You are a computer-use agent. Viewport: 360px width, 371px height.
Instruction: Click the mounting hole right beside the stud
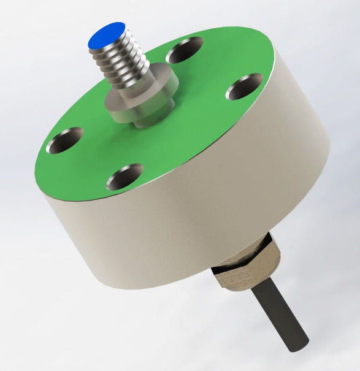click(x=185, y=50)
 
